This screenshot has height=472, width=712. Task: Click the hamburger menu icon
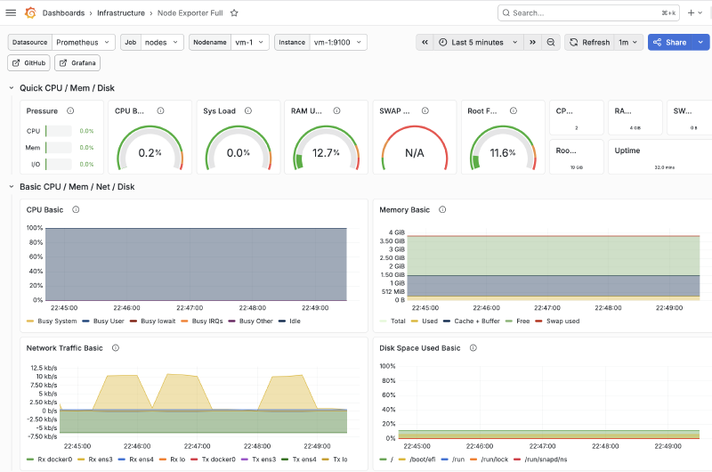click(11, 13)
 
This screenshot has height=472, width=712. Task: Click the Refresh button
click(589, 42)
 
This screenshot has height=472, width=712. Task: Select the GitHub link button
click(29, 63)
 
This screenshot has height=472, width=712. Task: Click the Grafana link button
click(77, 63)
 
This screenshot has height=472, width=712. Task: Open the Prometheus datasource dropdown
click(83, 42)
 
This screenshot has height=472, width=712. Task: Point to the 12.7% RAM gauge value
click(326, 153)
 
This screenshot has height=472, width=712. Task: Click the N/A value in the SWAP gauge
click(414, 153)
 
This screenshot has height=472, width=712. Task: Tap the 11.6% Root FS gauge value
click(502, 153)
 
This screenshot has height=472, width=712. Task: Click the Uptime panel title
click(627, 151)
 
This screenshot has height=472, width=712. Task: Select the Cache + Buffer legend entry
click(476, 321)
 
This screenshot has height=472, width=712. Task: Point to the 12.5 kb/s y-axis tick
click(44, 368)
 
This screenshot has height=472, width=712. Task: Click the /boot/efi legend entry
click(422, 460)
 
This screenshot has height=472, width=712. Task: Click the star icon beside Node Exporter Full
click(234, 13)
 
